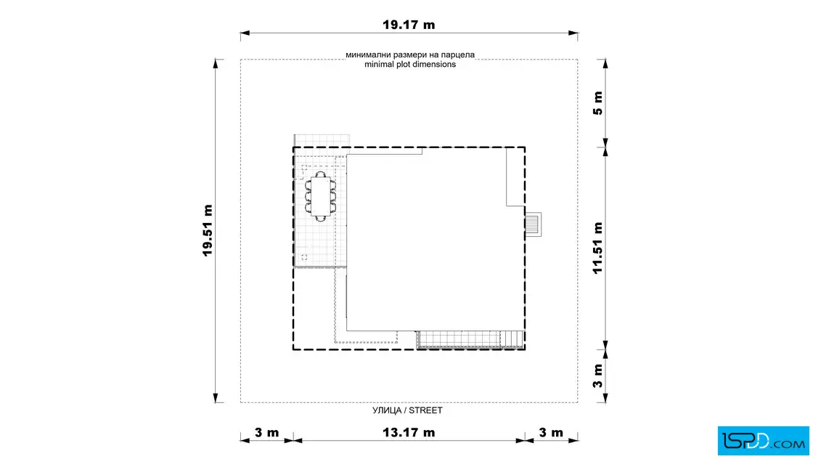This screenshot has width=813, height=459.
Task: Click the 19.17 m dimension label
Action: [409, 25]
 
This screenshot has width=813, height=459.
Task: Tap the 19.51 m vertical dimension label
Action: [208, 230]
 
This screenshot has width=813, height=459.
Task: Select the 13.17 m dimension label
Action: [409, 433]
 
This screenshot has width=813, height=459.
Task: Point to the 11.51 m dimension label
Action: [598, 248]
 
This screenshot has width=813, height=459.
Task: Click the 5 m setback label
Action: [598, 103]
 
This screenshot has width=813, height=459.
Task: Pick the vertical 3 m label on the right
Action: [598, 376]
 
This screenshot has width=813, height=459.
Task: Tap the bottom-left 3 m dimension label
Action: [267, 433]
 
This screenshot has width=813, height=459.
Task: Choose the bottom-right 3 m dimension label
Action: [551, 433]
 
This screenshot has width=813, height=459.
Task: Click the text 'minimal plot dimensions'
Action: [410, 65]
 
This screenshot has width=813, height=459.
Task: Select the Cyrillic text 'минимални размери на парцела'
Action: [410, 54]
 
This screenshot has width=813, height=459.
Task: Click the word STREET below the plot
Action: [425, 410]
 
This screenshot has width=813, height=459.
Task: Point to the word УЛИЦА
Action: [387, 410]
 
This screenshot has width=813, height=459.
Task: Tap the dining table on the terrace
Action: [321, 196]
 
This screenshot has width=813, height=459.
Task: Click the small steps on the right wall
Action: [533, 224]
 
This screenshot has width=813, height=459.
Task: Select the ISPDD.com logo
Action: [763, 441]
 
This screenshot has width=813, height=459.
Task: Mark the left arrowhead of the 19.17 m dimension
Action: [245, 33]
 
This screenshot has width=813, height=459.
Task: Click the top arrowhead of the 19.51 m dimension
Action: [216, 64]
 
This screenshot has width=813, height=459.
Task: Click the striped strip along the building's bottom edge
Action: [470, 340]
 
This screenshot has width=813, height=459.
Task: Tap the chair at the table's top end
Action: [321, 174]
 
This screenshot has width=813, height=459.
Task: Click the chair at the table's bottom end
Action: [321, 219]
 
